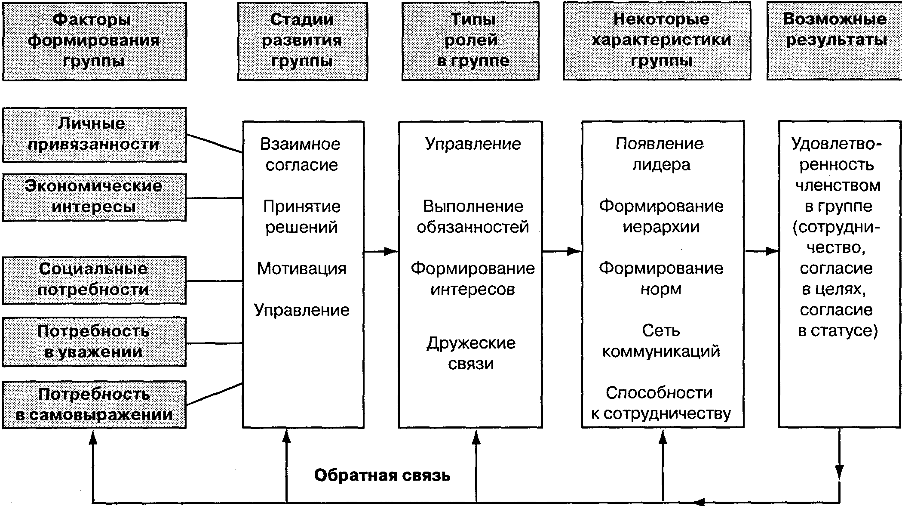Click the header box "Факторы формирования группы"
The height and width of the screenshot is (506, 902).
pos(94,41)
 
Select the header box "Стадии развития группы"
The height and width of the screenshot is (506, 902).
pos(302,41)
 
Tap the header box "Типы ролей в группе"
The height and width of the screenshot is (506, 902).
pos(470,41)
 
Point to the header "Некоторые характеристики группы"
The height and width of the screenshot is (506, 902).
pos(657,41)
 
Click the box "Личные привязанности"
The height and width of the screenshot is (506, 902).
pos(94,135)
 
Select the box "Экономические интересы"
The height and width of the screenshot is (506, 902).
pos(94,197)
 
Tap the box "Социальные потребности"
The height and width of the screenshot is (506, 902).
pos(94,280)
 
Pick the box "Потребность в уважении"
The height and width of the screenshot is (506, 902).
pos(94,342)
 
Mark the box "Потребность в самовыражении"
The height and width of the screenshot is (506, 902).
pos(94,404)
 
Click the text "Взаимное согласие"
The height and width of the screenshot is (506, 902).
pos(301,154)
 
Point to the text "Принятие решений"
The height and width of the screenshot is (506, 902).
pos(302,216)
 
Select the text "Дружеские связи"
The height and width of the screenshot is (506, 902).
pos(471,353)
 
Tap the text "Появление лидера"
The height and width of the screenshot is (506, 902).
pos(660,154)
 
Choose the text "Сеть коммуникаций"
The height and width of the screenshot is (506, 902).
pos(661,341)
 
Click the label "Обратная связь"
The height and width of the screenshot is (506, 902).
pos(382,475)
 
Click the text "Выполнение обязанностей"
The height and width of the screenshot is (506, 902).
pos(472,216)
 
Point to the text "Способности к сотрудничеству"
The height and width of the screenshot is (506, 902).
pos(660,403)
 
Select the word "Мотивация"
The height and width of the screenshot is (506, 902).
pos(301,268)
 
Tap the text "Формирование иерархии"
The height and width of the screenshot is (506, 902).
pos(661,216)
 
